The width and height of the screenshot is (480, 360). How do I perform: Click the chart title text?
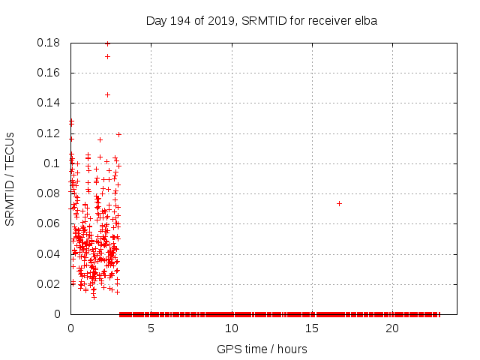tap(261, 21)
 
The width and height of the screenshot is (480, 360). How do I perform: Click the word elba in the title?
tap(365, 21)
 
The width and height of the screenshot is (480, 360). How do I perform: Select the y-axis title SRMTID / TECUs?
tap(10, 178)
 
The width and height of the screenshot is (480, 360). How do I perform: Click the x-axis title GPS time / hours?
tap(262, 349)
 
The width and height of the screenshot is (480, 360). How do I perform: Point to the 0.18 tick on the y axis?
tap(49, 43)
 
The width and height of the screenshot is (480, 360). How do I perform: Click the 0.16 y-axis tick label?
tap(49, 73)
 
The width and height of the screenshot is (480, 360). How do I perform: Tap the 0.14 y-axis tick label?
tap(49, 103)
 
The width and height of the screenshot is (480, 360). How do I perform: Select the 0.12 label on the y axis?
tap(49, 133)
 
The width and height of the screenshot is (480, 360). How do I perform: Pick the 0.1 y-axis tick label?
tap(52, 163)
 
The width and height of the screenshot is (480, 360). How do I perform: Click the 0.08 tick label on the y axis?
tap(49, 193)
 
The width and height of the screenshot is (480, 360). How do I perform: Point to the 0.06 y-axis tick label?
tap(49, 223)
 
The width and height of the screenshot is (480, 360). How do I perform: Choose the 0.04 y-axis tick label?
tap(49, 253)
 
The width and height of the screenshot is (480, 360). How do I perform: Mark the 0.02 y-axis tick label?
tap(49, 283)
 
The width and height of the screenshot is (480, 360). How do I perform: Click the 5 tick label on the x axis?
tap(151, 328)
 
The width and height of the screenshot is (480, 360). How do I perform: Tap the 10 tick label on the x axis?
tap(231, 328)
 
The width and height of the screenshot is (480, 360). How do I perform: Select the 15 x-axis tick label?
tap(311, 328)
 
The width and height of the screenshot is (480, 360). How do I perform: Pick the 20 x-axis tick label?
tap(391, 328)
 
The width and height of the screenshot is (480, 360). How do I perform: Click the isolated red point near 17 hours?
tap(339, 203)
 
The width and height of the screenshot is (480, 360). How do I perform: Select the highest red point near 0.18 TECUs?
tap(107, 43)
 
